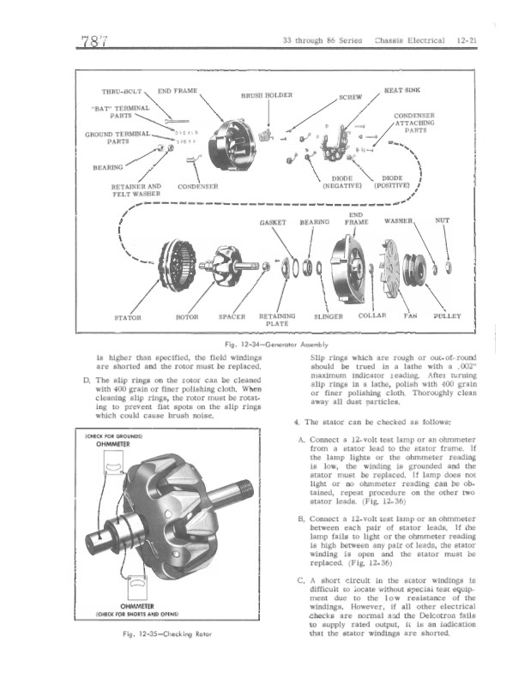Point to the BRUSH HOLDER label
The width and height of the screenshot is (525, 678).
point(269,95)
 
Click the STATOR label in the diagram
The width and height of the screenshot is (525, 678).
point(128,315)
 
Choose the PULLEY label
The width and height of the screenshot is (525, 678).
point(448,315)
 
